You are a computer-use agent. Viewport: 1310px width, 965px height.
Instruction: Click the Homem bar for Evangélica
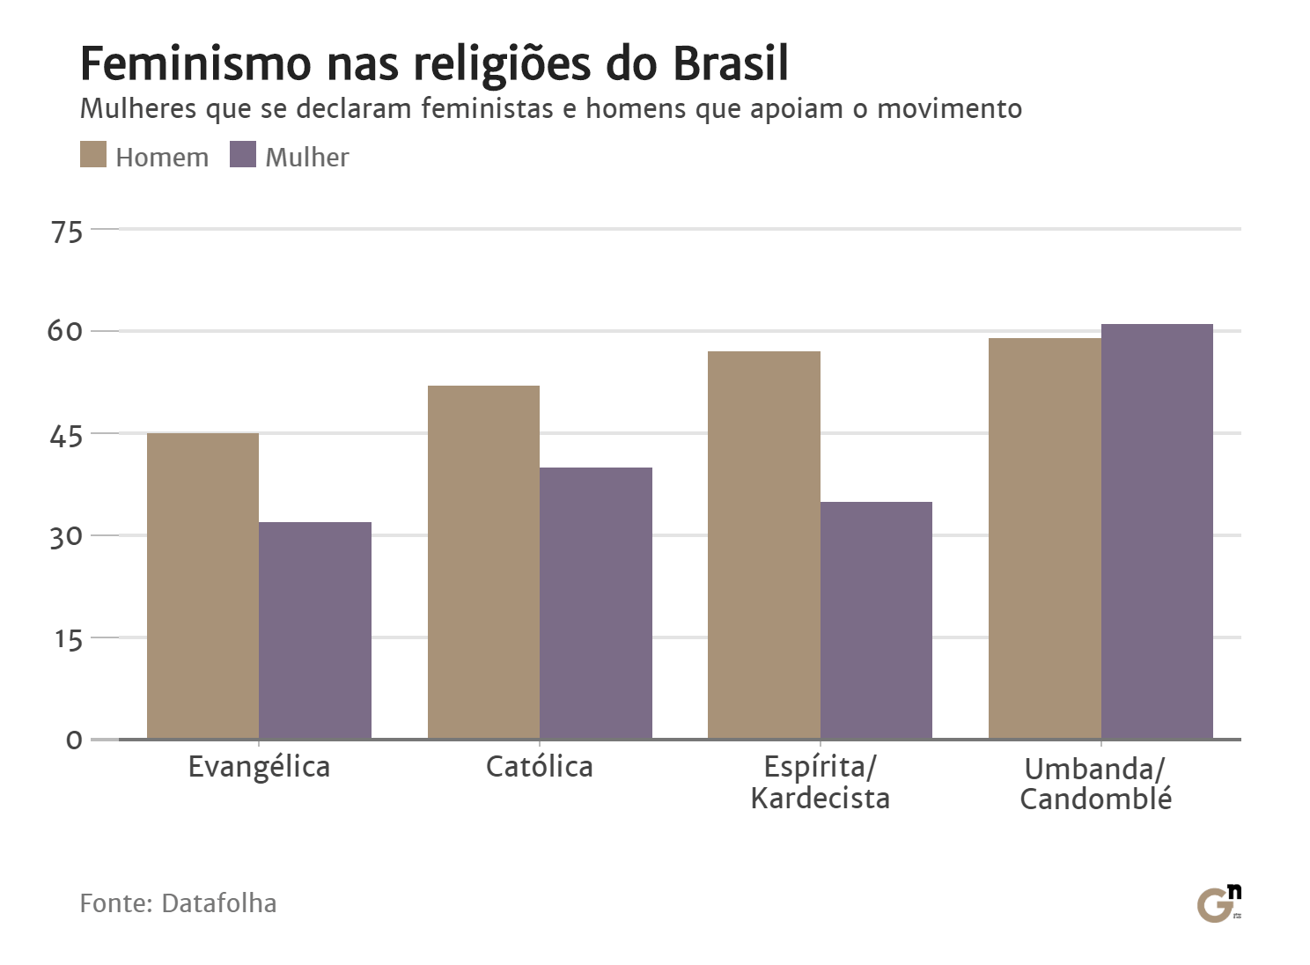[x=202, y=586]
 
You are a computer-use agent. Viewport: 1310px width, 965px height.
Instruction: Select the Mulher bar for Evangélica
[x=315, y=630]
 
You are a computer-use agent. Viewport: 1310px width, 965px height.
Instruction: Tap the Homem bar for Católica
[x=483, y=562]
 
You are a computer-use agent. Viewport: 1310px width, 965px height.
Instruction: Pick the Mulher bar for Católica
[x=596, y=603]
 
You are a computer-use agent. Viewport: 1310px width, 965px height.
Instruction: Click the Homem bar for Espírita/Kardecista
[x=764, y=545]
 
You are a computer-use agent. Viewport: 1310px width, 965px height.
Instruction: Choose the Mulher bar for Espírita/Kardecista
[x=876, y=620]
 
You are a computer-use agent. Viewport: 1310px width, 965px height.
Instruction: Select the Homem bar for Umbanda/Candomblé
[x=1044, y=538]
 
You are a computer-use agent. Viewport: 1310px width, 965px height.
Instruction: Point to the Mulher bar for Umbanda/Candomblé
[x=1157, y=531]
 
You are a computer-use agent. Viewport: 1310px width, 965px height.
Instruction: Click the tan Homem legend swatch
[x=93, y=154]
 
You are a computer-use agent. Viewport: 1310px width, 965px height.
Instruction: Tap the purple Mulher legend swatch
[x=243, y=154]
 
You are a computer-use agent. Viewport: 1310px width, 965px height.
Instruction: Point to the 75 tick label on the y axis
[x=67, y=232]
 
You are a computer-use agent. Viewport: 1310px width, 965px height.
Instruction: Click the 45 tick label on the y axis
[x=67, y=436]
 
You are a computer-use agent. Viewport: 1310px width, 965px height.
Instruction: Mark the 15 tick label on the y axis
[x=68, y=639]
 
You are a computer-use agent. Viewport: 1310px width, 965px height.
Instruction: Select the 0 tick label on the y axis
[x=74, y=740]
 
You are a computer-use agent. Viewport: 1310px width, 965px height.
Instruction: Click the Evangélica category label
[x=259, y=767]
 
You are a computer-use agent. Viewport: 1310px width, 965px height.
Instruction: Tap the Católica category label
[x=539, y=767]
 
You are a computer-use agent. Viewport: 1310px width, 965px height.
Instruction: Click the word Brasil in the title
[x=730, y=63]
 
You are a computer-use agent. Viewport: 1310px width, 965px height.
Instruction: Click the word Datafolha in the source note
[x=219, y=903]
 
